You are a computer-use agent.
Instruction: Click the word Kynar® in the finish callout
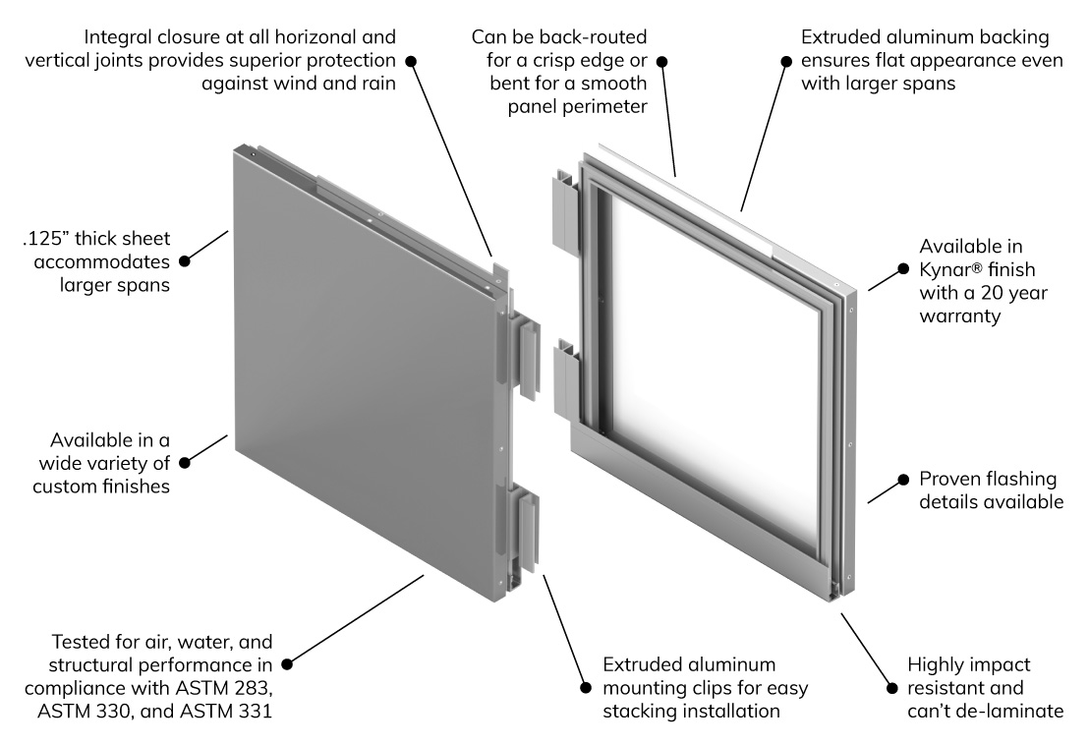[x=952, y=268]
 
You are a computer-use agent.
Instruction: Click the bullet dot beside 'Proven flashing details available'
[x=900, y=480]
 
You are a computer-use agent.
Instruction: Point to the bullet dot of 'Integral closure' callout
[x=412, y=61]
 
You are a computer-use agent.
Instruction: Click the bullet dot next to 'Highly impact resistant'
[x=892, y=687]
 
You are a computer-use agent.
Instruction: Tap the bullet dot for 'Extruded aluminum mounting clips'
[x=586, y=687]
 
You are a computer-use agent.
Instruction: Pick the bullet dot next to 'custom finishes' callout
[x=184, y=461]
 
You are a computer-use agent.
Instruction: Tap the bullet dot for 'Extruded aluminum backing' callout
[x=785, y=61]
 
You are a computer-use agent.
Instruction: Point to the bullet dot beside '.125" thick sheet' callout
[x=184, y=261]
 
